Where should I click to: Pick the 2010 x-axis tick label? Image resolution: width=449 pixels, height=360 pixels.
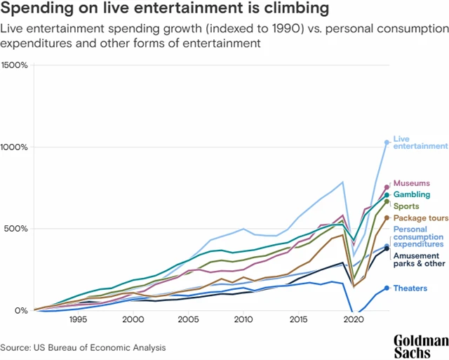243,319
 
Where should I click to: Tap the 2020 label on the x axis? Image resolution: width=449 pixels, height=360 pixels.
354,319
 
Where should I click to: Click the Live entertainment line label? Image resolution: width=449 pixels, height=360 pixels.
420,142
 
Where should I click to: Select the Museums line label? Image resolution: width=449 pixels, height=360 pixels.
411,183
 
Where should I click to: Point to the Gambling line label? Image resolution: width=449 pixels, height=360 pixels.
412,194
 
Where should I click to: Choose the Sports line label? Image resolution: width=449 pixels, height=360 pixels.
406,206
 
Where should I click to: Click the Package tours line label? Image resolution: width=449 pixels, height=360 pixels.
421,218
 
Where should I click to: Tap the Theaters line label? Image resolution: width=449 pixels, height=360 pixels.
410,288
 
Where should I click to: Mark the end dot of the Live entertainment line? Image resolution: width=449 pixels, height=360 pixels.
387,142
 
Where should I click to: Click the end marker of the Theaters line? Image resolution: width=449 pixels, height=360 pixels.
387,288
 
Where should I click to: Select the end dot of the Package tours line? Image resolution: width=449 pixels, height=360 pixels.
387,218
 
